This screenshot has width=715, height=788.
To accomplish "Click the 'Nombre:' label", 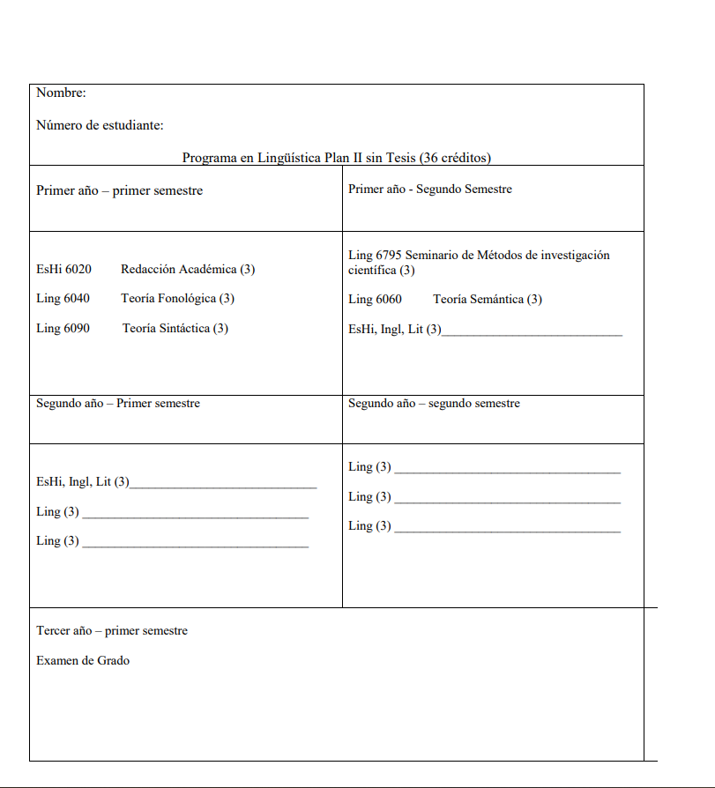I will (61, 93).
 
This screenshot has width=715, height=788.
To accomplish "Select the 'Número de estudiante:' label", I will (100, 125).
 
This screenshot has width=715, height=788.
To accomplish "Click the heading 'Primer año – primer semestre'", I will (119, 190).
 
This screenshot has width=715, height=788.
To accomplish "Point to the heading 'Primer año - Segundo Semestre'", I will (429, 189).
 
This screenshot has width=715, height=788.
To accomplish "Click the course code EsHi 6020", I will (63, 269).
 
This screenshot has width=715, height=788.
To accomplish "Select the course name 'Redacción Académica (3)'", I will (188, 269).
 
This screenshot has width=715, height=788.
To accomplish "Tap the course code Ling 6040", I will (63, 298).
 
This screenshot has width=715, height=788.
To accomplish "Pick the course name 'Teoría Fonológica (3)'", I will (177, 298).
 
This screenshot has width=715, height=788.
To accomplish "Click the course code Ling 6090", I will (63, 328).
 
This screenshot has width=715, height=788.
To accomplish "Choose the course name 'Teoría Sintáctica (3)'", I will (175, 328).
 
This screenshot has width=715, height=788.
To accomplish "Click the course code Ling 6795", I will (375, 255).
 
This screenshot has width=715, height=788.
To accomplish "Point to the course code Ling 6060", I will (375, 299).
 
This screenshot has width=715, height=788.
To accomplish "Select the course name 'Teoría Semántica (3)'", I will (488, 299).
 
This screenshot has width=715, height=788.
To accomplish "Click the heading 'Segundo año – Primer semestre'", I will (118, 403).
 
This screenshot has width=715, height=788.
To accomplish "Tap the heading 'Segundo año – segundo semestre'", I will (434, 403).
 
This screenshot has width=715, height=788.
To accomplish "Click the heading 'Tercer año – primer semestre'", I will (112, 630).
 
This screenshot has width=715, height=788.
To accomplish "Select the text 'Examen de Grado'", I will (83, 660).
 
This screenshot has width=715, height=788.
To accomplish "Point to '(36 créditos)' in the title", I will (455, 158).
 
